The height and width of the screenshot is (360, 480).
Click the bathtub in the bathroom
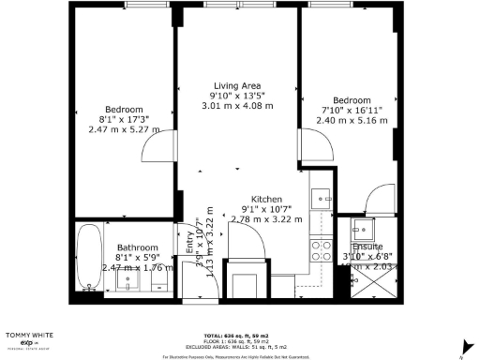(91, 260)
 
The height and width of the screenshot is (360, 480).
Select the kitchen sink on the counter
(322, 199)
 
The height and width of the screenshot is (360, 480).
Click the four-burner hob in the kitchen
(321, 250)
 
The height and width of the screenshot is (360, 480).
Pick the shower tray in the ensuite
(359, 285)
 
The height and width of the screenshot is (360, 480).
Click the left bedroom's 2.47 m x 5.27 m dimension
(125, 130)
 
